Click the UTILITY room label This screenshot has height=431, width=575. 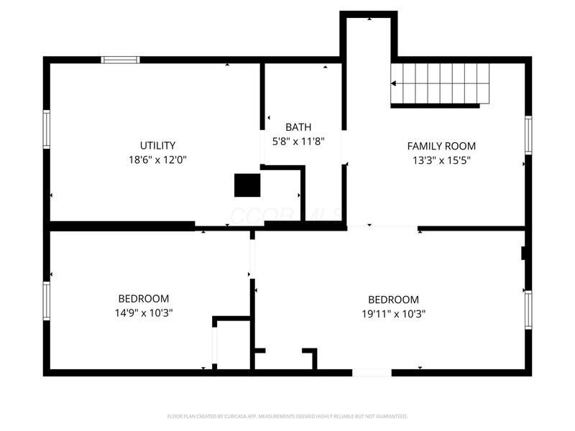tap(157, 145)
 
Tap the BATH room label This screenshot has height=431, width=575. tap(298, 127)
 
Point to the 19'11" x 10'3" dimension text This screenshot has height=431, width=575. tap(393, 313)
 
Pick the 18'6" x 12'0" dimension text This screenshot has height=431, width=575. tap(157, 159)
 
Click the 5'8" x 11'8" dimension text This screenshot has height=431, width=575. tap(298, 142)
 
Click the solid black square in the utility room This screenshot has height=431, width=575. tap(247, 185)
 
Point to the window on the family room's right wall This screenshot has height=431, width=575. tap(528, 135)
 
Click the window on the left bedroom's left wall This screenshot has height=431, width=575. tap(47, 300)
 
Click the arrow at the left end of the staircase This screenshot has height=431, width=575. tap(394, 84)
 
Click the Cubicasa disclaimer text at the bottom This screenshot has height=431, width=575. tap(287, 416)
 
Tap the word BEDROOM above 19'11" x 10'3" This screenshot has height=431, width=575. tap(393, 300)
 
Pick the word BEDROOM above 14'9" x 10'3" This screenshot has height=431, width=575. tap(144, 299)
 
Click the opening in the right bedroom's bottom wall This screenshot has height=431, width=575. tap(372, 372)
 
